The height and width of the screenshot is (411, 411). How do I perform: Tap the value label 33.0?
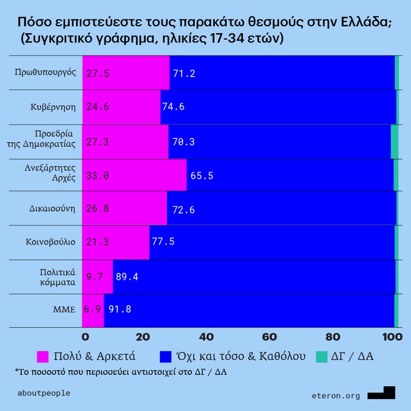pos(98,176)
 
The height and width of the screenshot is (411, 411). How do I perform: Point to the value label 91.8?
pos(120,309)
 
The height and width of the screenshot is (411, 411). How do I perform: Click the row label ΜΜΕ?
pos(64,309)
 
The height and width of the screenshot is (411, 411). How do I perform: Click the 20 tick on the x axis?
pos(144,337)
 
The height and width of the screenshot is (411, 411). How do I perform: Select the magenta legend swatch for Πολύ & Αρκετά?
pos(44,356)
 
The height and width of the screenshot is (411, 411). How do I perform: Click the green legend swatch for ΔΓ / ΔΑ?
pos(321,356)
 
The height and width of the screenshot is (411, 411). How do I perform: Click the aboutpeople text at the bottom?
pos(45,393)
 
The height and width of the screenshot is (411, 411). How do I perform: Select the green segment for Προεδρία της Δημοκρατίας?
pos(394,141)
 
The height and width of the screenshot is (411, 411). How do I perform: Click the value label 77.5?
pos(163,242)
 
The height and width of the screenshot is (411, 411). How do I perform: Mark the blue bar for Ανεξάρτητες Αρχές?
pos(290,175)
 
